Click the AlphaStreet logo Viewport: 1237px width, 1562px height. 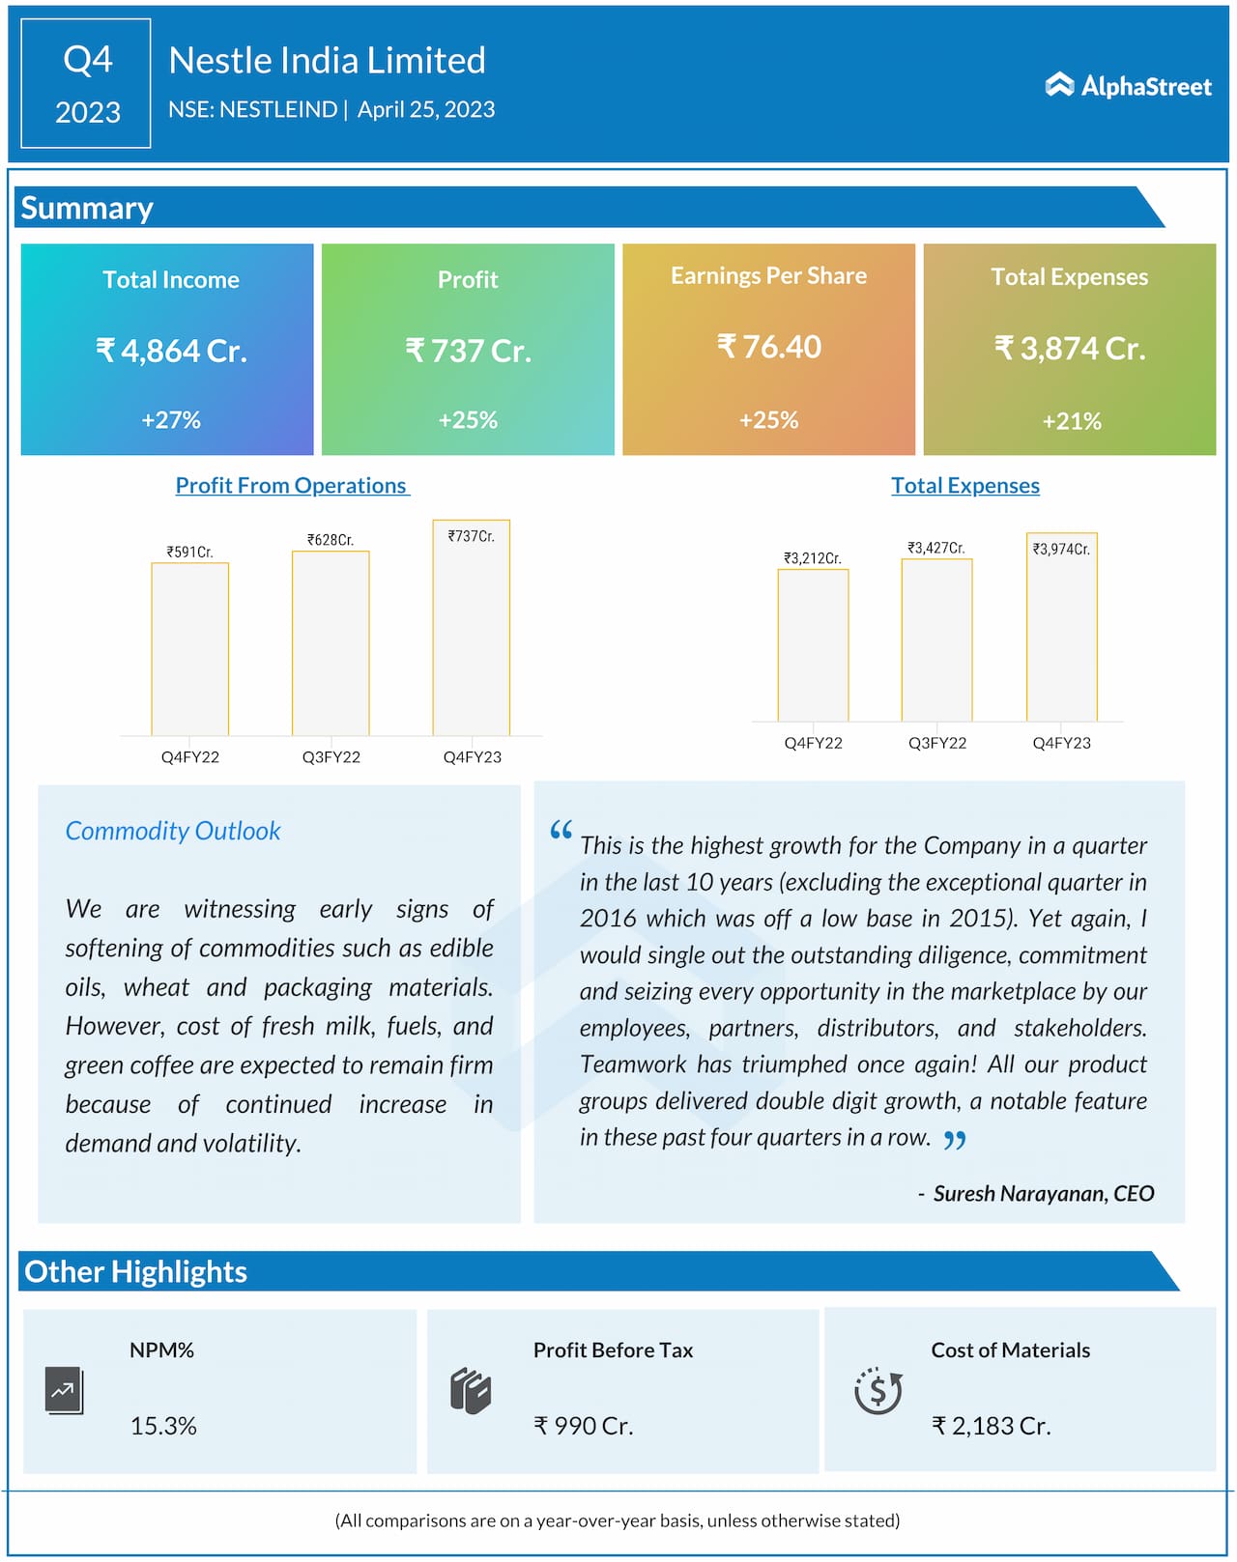tap(1128, 86)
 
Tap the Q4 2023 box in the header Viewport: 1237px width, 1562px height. tap(86, 83)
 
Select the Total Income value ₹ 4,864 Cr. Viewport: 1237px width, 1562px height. tap(171, 350)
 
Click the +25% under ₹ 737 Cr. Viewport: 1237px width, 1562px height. tap(468, 420)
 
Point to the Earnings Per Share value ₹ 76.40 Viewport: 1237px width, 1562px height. tap(768, 346)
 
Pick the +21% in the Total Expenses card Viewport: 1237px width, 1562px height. tap(1071, 421)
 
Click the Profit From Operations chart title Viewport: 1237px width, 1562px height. tap(291, 486)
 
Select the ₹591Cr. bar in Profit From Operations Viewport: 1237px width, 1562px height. tap(190, 649)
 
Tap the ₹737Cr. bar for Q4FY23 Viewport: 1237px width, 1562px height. tap(472, 628)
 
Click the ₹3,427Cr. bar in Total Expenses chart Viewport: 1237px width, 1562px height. tap(936, 639)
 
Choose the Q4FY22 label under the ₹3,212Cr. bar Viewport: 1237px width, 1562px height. tap(813, 743)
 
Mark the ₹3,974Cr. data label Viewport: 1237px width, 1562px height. tap(1061, 549)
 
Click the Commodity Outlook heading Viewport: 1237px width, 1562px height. tap(173, 831)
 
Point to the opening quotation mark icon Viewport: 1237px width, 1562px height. tap(561, 830)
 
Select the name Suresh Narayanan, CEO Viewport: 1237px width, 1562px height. tap(1043, 1194)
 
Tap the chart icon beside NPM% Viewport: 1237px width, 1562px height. tap(64, 1391)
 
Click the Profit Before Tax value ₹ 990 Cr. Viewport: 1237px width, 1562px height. tap(583, 1426)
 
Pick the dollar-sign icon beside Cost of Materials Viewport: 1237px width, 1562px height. tap(877, 1391)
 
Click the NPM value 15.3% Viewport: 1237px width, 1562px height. tap(163, 1426)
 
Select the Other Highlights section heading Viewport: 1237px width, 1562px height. tap(136, 1272)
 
